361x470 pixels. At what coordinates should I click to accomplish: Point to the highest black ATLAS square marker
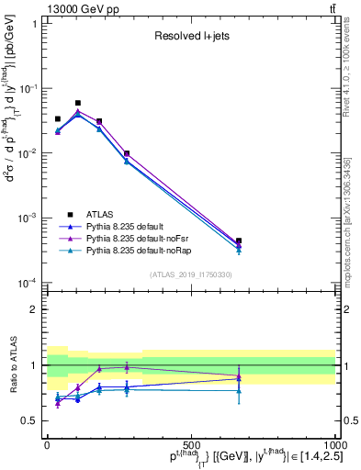coord(78,104)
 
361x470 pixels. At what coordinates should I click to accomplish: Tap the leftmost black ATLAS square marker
coord(57,119)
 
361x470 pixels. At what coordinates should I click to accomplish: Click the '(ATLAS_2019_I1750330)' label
coord(190,274)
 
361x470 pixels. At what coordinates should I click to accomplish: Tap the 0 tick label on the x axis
coord(47,445)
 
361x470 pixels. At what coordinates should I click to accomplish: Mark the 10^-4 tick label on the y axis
coord(28,283)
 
